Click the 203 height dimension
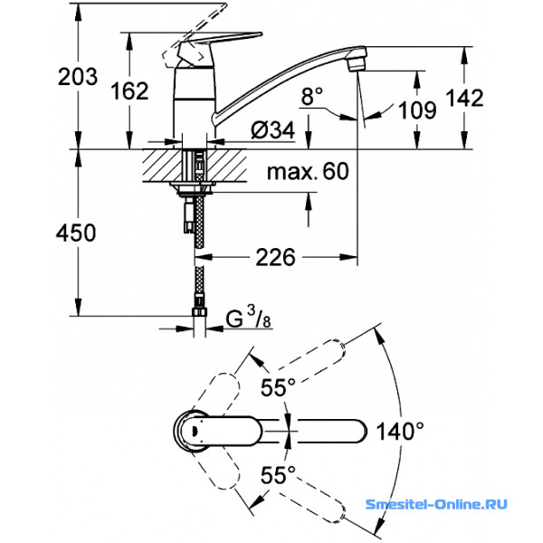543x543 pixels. point(78,77)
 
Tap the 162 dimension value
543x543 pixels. point(129,90)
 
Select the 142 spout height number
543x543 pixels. point(464,98)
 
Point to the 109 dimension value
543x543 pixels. point(417,110)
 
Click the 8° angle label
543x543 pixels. point(311,96)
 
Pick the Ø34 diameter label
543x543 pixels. point(273,130)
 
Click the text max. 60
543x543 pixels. point(308,171)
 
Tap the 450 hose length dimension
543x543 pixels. point(76,233)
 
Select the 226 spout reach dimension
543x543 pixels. point(275,257)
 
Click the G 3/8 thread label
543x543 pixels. point(248,319)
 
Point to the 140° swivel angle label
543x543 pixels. point(400,432)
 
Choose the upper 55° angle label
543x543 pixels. point(278,387)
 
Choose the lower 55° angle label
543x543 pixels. point(278,475)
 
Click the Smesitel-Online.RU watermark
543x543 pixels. point(436,504)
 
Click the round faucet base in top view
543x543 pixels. point(190,431)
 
